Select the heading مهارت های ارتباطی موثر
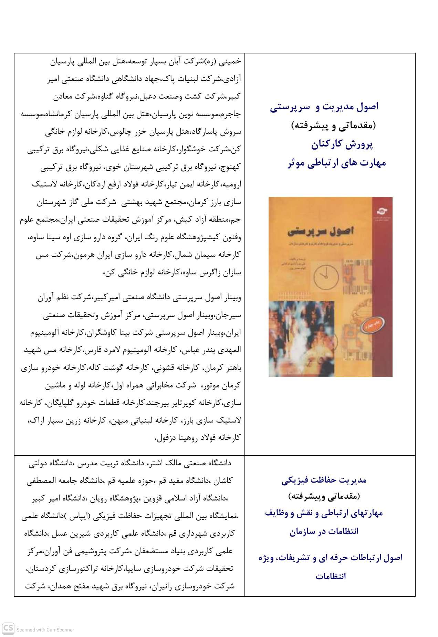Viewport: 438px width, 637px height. pyautogui.click(x=336, y=163)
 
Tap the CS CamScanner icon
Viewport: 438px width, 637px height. pyautogui.click(x=8, y=628)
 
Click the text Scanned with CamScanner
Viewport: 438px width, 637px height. pyautogui.click(x=45, y=629)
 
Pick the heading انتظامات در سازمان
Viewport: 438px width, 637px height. pyautogui.click(x=324, y=531)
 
